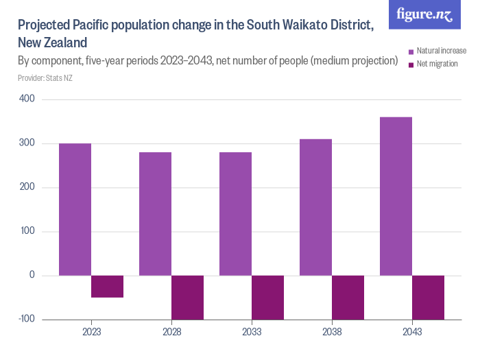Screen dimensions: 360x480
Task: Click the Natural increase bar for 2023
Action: point(75,209)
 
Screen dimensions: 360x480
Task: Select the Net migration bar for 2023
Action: point(107,287)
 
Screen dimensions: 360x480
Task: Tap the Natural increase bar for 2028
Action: point(155,214)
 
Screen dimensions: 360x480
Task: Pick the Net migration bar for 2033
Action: point(267,297)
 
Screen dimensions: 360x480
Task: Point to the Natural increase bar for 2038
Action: point(315,207)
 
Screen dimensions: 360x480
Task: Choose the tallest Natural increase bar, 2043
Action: point(396,196)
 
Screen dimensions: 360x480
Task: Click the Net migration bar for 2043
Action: point(428,297)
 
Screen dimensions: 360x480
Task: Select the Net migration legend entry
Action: point(436,64)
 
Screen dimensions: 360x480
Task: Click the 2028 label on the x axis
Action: point(171,332)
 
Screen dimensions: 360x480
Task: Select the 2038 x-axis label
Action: point(332,332)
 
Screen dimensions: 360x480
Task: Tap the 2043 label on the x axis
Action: point(412,332)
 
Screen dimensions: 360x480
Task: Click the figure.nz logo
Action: point(424,14)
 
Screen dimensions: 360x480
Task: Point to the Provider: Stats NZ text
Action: point(45,78)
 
